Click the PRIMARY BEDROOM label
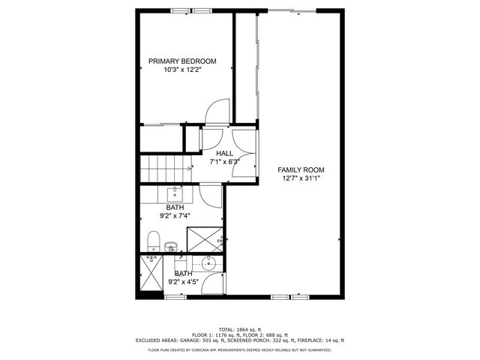click(x=182, y=61)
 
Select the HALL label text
click(x=225, y=153)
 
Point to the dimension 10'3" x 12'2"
click(x=182, y=70)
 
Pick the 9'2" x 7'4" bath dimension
click(x=175, y=216)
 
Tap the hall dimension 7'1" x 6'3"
click(x=225, y=161)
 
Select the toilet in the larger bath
click(x=154, y=241)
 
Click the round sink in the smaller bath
click(x=208, y=263)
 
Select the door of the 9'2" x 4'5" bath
click(x=215, y=283)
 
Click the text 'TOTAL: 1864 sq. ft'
click(x=240, y=330)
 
